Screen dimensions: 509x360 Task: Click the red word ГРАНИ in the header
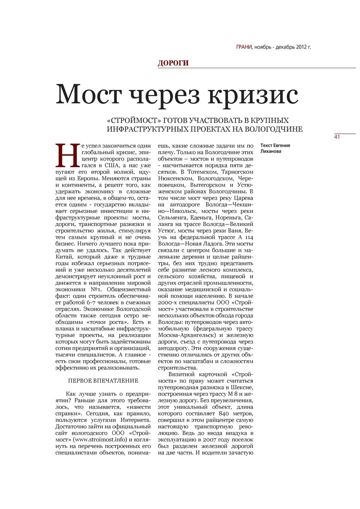244,47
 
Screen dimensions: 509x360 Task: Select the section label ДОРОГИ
173,63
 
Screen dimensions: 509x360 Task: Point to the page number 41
337,137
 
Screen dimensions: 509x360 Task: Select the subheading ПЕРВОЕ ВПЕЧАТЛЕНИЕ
103,381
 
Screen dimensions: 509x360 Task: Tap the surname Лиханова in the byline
271,151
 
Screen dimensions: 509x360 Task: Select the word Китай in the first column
64,257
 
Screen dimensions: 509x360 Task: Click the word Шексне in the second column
243,387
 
